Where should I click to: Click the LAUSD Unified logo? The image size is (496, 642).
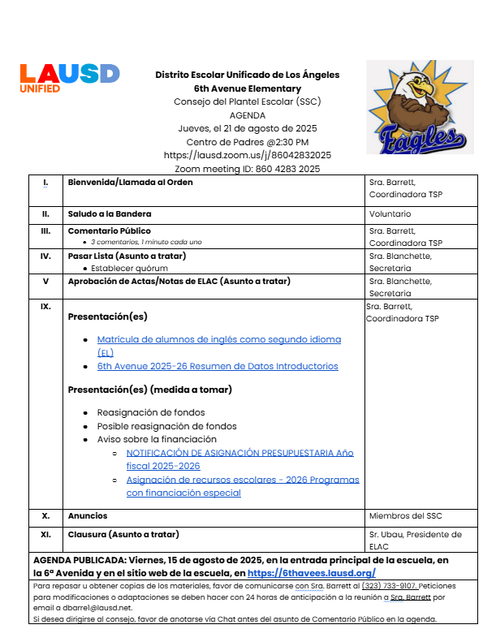coord(69,78)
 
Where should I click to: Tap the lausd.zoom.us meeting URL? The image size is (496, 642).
coord(247,155)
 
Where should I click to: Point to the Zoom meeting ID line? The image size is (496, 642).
coord(247,169)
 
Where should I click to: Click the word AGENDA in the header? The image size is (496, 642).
coord(247,115)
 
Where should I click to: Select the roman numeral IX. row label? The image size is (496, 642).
coord(45,307)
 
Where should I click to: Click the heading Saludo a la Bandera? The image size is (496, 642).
coord(110,214)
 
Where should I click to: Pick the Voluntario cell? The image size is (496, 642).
coord(390,214)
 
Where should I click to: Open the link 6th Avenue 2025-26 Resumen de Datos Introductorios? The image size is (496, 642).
coord(218,366)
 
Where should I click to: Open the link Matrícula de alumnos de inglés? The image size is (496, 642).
coord(218,339)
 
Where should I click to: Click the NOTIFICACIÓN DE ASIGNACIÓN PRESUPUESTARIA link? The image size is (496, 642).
coord(239,453)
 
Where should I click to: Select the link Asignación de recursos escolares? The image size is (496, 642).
coord(242,480)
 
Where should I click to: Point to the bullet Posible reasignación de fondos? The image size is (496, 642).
coord(167,426)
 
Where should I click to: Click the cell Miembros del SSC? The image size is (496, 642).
coord(406,515)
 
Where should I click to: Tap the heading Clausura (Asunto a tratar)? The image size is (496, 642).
coord(123,534)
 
